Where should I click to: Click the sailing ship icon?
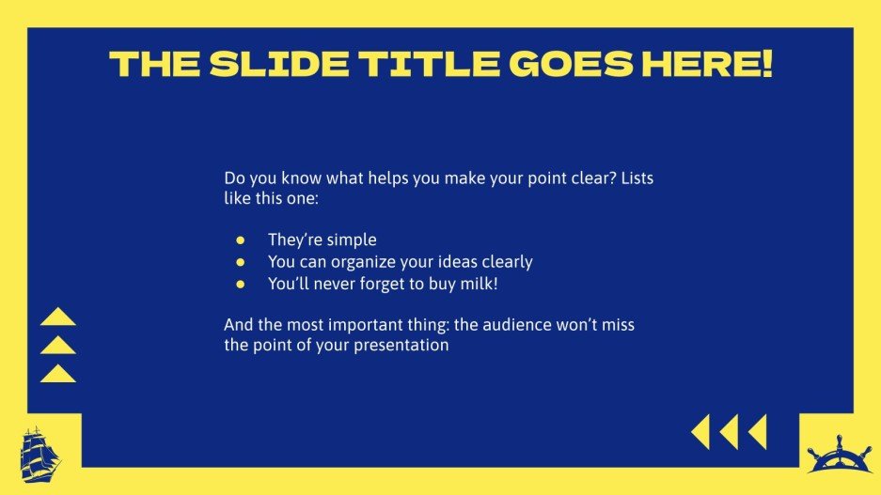39,455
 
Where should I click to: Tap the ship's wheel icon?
839,455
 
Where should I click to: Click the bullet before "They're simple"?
241,240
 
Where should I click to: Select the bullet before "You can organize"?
241,261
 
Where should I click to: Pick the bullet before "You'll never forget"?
241,283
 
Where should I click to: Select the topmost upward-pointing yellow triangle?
58,317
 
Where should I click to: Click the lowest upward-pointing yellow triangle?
58,374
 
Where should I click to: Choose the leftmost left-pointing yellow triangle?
700,432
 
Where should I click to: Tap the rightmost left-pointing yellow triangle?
758,432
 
